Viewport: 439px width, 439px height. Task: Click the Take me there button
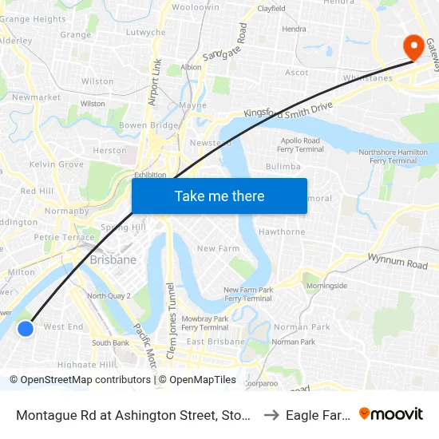tap(219, 196)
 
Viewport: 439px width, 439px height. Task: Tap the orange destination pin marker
tap(414, 45)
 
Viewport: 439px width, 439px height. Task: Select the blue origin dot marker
tap(26, 328)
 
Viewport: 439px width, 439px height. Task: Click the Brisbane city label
tap(113, 259)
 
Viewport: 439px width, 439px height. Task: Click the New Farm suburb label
tap(218, 249)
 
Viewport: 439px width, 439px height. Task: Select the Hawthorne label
tap(282, 232)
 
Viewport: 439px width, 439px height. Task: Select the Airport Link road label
tap(154, 81)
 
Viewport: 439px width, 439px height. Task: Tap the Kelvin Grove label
tap(56, 164)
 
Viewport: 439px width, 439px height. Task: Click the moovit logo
tap(390, 413)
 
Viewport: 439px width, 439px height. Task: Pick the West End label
tap(63, 326)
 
